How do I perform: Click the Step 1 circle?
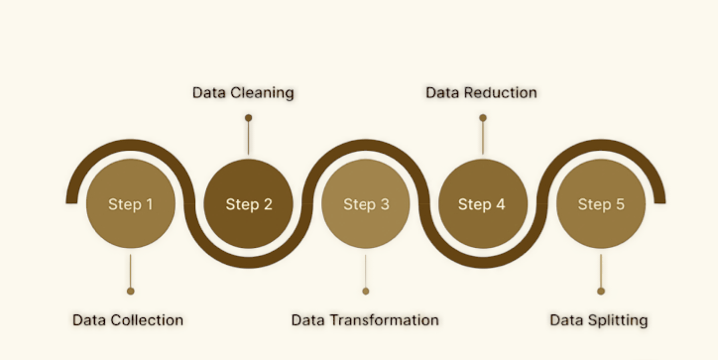pyautogui.click(x=130, y=205)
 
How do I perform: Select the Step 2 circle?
pyautogui.click(x=248, y=205)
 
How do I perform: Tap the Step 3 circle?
pyautogui.click(x=366, y=205)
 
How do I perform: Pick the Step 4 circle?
pyautogui.click(x=482, y=205)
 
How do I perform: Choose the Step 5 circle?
pyautogui.click(x=600, y=205)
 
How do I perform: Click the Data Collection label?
pyautogui.click(x=128, y=320)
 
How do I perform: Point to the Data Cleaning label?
pyautogui.click(x=243, y=93)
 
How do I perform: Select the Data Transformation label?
pyautogui.click(x=365, y=320)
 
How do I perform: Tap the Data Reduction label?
pyautogui.click(x=481, y=93)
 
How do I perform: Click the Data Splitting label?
pyautogui.click(x=599, y=320)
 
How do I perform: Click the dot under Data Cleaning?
pyautogui.click(x=248, y=118)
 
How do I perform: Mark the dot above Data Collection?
pyautogui.click(x=130, y=292)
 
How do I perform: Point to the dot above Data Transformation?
pyautogui.click(x=366, y=292)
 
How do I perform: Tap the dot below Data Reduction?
pyautogui.click(x=483, y=118)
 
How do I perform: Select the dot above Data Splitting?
pyautogui.click(x=601, y=292)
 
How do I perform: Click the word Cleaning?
pyautogui.click(x=262, y=93)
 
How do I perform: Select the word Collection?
pyautogui.click(x=147, y=320)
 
